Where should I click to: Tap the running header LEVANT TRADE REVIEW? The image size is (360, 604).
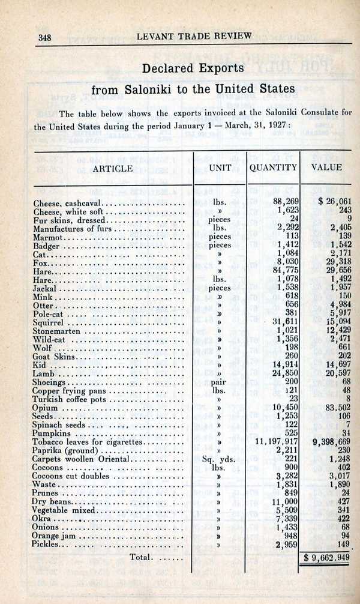click(x=194, y=36)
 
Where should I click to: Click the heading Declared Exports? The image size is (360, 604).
click(x=193, y=68)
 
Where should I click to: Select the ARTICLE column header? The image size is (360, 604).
click(x=113, y=169)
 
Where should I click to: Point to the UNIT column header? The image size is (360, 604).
click(x=220, y=168)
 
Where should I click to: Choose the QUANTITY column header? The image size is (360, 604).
click(x=273, y=168)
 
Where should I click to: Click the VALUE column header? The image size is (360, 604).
click(x=326, y=168)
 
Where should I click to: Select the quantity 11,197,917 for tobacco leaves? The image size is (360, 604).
click(x=273, y=442)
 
